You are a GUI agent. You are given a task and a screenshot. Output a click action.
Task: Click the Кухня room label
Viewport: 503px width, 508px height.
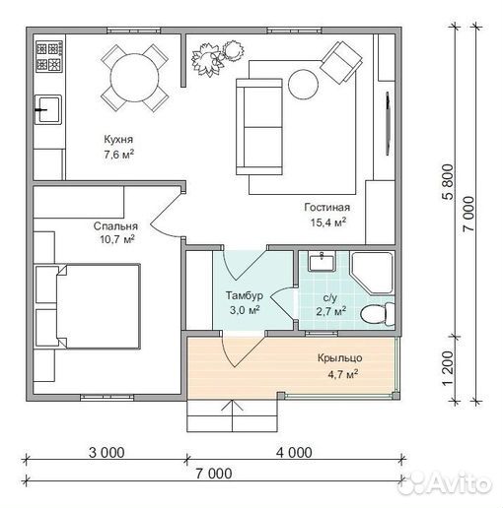(x=118, y=139)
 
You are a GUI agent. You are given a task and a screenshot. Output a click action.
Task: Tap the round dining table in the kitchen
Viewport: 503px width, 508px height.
(x=135, y=78)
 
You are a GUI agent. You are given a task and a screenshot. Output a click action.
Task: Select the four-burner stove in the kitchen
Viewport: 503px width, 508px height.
(x=49, y=56)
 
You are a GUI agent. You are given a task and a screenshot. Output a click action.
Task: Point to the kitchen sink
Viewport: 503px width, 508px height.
(x=48, y=109)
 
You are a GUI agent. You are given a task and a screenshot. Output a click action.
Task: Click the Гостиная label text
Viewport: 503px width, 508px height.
(x=327, y=208)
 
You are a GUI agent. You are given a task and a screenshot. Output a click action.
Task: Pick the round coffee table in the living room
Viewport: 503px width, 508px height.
(x=304, y=84)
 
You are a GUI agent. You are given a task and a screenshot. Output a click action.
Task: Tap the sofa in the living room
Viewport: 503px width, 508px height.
(x=259, y=126)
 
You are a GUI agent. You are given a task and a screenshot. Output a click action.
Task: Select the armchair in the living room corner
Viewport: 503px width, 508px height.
(x=341, y=62)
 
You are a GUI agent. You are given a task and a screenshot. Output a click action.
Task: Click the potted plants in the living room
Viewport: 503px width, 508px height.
(x=217, y=58)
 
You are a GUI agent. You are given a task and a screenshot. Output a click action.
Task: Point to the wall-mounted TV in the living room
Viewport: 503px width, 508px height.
(x=389, y=123)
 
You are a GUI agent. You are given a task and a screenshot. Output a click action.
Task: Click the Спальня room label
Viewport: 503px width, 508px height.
(x=115, y=226)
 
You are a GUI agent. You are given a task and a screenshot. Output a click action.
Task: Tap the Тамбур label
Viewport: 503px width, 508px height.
(x=245, y=295)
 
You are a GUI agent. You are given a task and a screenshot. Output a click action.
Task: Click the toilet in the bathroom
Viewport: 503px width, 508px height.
(x=378, y=314)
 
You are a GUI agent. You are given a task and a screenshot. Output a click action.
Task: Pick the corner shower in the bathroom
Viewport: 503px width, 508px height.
(x=372, y=273)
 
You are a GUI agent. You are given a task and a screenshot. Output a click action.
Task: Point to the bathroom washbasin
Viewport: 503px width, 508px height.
(x=322, y=262)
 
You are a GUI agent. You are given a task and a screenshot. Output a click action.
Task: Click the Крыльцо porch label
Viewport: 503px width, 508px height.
(x=339, y=358)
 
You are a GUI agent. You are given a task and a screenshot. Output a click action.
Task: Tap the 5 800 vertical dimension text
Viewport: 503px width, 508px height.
(x=449, y=182)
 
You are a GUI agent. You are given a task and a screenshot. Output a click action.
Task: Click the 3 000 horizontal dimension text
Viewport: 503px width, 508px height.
(x=107, y=453)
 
